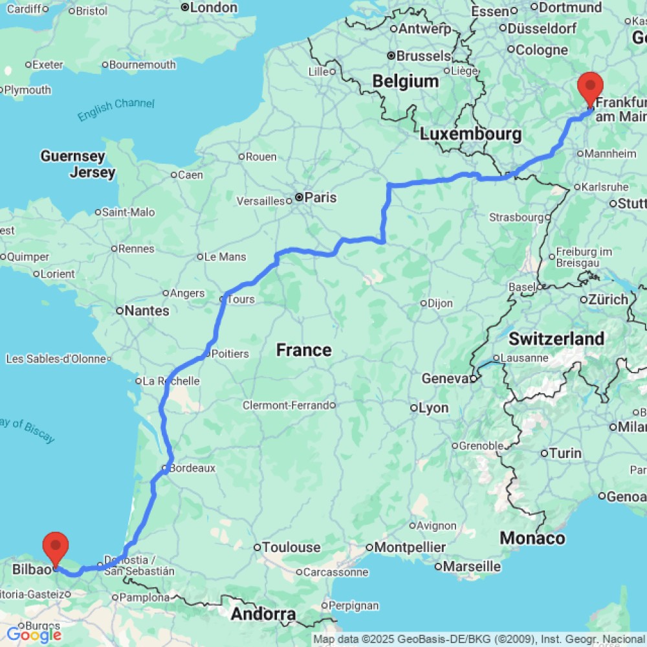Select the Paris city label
click(321, 198)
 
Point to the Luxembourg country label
click(470, 134)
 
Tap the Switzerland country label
click(556, 338)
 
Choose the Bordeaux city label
click(193, 467)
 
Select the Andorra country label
click(263, 613)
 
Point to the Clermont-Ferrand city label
click(285, 406)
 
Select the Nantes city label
click(147, 311)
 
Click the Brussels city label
click(422, 56)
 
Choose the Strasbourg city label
click(516, 217)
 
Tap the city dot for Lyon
click(414, 408)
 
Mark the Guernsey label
click(72, 156)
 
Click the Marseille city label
click(467, 567)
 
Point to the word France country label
click(304, 350)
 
